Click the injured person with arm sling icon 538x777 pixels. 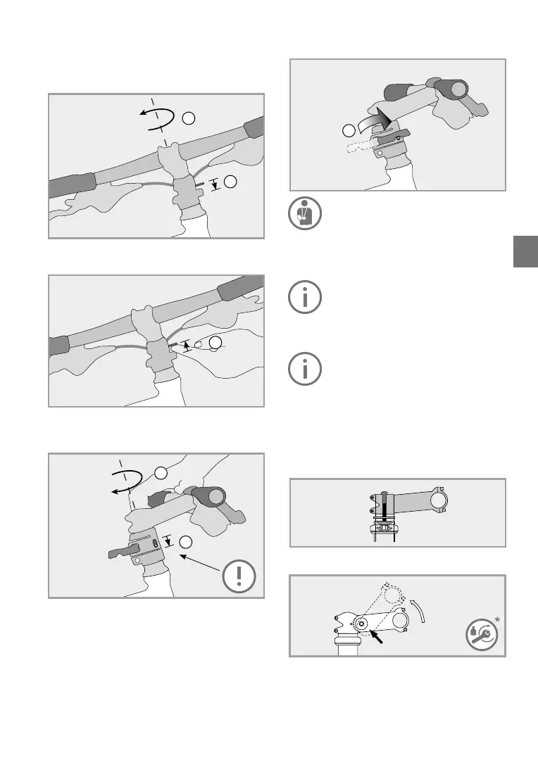[x=304, y=213]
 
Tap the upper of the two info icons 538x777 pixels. [x=304, y=298]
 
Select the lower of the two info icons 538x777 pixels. [x=304, y=368]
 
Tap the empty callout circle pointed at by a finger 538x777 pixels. [x=216, y=343]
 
